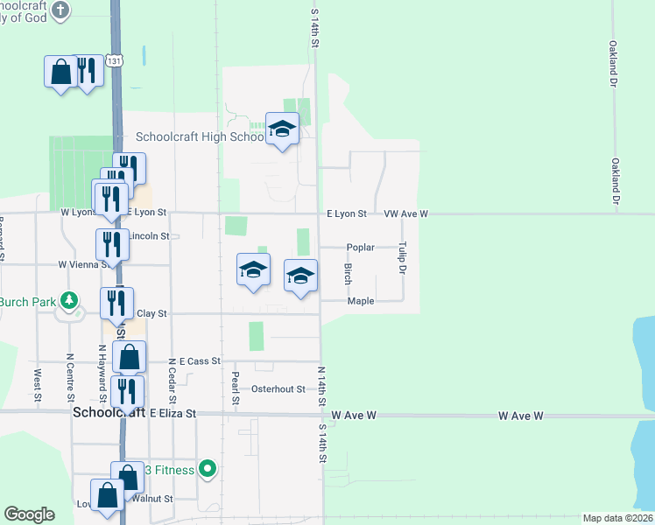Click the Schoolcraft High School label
pos(201,137)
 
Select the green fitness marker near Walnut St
pos(208,470)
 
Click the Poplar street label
pos(361,248)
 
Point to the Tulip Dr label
pos(403,258)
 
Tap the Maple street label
pos(361,301)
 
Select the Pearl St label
pos(236,388)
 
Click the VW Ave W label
pos(406,213)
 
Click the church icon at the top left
pos(60,10)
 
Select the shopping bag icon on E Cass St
pos(129,357)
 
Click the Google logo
pos(29,514)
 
